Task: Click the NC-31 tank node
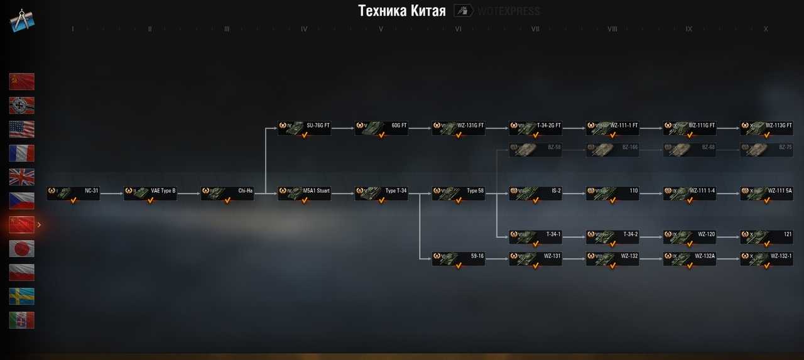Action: coord(73,193)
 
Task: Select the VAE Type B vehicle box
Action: coord(151,193)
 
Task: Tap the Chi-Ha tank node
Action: coord(227,193)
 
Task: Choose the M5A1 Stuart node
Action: coord(305,193)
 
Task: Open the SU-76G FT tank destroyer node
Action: coord(305,128)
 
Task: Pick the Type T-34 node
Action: coord(381,193)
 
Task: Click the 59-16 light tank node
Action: coord(459,258)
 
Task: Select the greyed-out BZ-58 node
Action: coord(536,150)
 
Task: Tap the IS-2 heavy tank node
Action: coord(536,193)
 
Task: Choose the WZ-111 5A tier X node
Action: coord(766,193)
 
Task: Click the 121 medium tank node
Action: coord(766,236)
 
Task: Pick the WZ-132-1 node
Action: coord(766,258)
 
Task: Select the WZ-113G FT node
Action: coord(766,128)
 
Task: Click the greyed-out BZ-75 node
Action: coord(766,150)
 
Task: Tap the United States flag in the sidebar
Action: coord(22,129)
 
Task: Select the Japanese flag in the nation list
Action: coord(22,249)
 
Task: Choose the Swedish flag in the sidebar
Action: coord(22,297)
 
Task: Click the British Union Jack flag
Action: coord(22,177)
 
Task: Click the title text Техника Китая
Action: coord(402,11)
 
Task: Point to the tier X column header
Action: coord(766,30)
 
